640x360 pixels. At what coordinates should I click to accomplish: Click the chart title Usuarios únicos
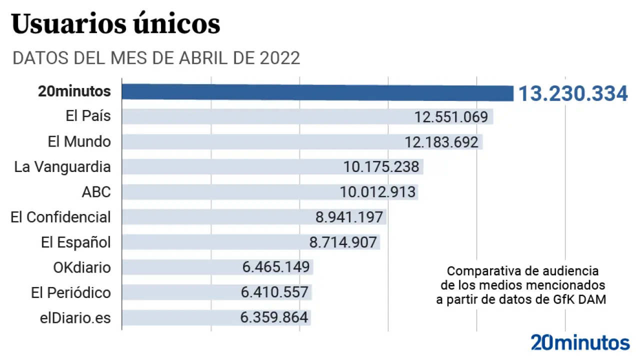(x=115, y=24)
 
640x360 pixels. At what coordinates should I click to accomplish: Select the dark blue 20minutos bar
(x=318, y=92)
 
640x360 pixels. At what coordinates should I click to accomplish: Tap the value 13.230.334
(x=572, y=94)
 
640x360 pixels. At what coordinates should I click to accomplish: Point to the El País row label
(x=88, y=116)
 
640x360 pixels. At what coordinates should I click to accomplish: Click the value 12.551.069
(x=451, y=117)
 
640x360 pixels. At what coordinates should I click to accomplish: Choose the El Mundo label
(x=79, y=141)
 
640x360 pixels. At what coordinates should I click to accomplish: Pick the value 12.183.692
(x=441, y=142)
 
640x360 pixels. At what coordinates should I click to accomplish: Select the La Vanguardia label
(x=62, y=166)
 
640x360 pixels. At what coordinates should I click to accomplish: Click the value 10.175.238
(x=381, y=167)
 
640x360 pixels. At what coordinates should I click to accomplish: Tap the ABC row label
(x=96, y=192)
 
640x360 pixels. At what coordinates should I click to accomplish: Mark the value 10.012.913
(x=377, y=192)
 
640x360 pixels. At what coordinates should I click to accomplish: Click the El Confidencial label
(x=60, y=217)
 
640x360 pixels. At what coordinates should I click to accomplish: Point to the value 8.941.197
(x=349, y=217)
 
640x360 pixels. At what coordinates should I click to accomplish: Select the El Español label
(x=75, y=242)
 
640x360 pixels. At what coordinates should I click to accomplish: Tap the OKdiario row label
(x=81, y=267)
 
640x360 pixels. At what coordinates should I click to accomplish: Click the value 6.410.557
(x=274, y=292)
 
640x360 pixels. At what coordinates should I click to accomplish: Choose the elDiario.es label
(x=75, y=318)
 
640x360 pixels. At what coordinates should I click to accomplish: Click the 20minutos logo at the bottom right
(x=580, y=343)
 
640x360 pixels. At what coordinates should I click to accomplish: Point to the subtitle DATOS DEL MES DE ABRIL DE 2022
(x=156, y=58)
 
